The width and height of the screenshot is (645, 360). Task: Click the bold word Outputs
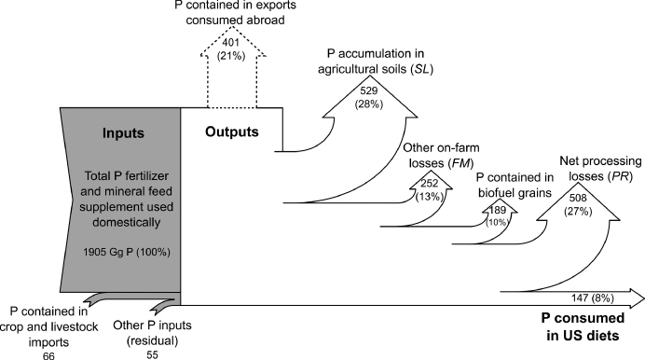tap(231, 132)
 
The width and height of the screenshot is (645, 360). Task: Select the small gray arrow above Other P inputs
tap(164, 304)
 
